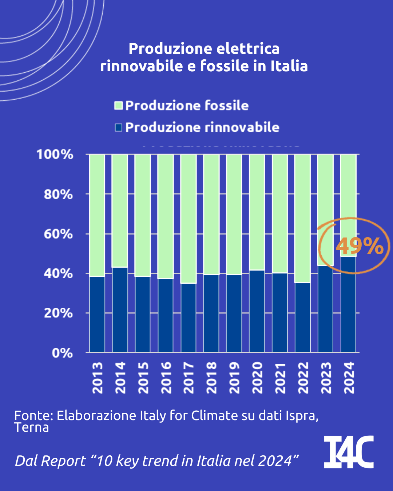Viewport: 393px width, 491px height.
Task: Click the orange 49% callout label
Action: click(x=360, y=246)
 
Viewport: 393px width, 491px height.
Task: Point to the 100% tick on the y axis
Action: click(x=55, y=155)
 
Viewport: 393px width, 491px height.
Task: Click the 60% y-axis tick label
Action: click(x=58, y=234)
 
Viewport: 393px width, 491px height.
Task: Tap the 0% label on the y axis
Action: click(x=62, y=353)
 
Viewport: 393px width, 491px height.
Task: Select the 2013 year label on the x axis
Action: click(x=98, y=378)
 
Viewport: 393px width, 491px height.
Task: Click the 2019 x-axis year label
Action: click(x=234, y=378)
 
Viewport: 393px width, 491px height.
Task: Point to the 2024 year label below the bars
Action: click(x=349, y=378)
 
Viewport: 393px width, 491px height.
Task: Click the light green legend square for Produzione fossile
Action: click(x=118, y=105)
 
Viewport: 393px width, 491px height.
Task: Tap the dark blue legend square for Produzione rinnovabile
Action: click(x=118, y=127)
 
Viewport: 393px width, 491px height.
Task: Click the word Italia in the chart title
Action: click(x=289, y=66)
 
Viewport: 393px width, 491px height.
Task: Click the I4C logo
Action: click(x=349, y=452)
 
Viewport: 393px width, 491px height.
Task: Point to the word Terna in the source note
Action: click(x=32, y=427)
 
